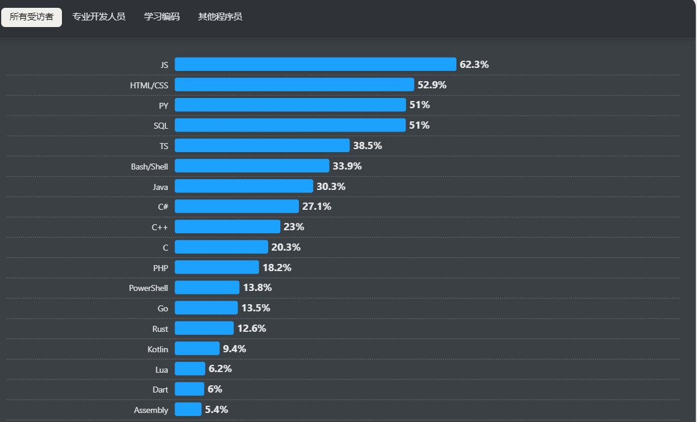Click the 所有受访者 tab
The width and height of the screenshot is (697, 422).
31,17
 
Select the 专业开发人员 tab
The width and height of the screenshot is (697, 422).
99,17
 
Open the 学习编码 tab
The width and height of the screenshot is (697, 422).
162,17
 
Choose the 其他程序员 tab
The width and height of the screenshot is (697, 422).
220,17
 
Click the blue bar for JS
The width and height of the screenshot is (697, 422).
315,64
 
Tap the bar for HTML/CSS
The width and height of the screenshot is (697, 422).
294,85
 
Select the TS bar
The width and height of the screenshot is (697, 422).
262,145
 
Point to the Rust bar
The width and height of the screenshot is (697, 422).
204,328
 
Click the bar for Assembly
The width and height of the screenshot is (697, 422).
188,409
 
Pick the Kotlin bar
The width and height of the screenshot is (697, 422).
197,349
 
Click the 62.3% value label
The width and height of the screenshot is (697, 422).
474,64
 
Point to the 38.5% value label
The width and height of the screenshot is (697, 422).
367,145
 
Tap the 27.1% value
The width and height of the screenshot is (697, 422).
316,206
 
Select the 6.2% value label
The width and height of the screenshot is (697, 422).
220,368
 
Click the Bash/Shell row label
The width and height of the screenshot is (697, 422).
149,167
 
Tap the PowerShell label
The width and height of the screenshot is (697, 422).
149,288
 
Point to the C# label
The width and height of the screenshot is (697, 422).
163,207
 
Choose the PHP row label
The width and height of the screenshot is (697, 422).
161,268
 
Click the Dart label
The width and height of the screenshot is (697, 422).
160,390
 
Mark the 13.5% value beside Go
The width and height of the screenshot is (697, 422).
256,308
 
